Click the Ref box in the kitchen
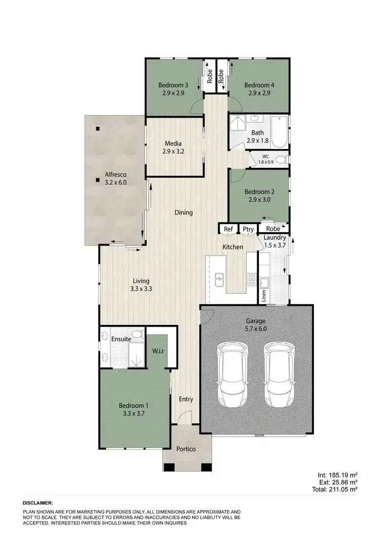pos(229,230)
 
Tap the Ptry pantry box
pos(248,230)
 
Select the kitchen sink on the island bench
pos(220,279)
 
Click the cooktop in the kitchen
pos(252,279)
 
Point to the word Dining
pos(183,212)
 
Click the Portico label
pos(186,449)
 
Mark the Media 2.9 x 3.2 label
pos(172,147)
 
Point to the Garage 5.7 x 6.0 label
pos(256,325)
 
